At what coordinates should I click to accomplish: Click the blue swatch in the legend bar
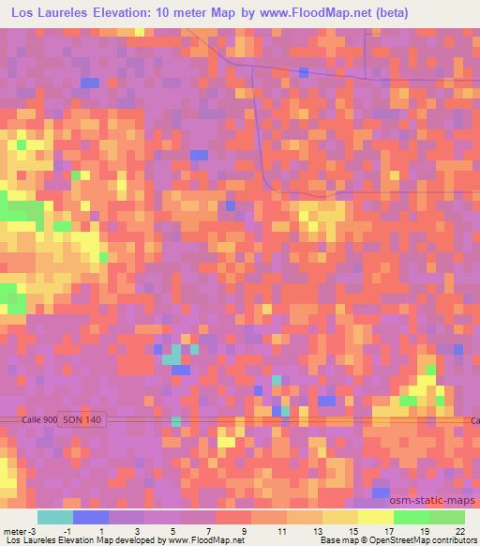(90, 517)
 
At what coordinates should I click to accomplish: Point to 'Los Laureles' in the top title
(52, 14)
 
